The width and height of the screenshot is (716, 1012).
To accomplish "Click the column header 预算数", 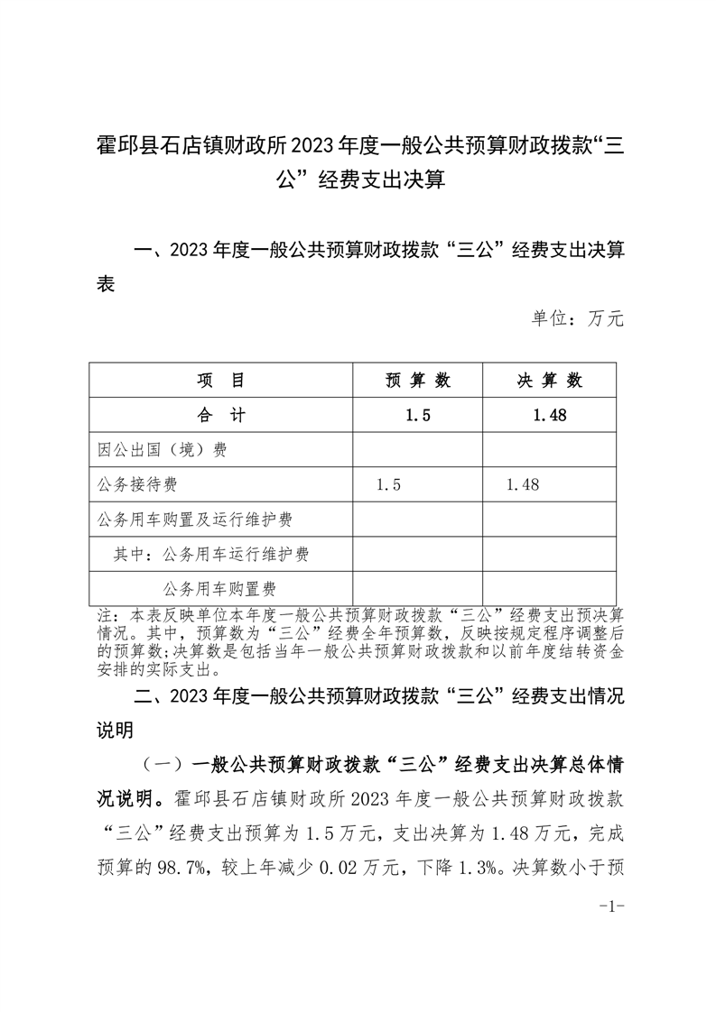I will coord(418,381).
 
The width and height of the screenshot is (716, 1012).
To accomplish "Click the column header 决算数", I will coord(549,381).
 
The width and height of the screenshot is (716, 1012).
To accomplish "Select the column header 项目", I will coord(221,381).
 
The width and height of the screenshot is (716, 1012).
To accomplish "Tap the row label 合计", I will coord(221,415).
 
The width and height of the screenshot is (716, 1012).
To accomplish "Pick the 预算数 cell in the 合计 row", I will coord(418,415).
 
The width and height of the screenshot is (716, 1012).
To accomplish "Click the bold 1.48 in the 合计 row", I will coord(549,415).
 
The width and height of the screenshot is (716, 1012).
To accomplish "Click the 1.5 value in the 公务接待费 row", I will coord(388,485).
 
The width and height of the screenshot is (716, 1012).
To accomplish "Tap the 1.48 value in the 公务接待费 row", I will coord(523,485).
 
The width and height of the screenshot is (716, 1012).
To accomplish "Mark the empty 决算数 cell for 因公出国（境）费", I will coord(549,450).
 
